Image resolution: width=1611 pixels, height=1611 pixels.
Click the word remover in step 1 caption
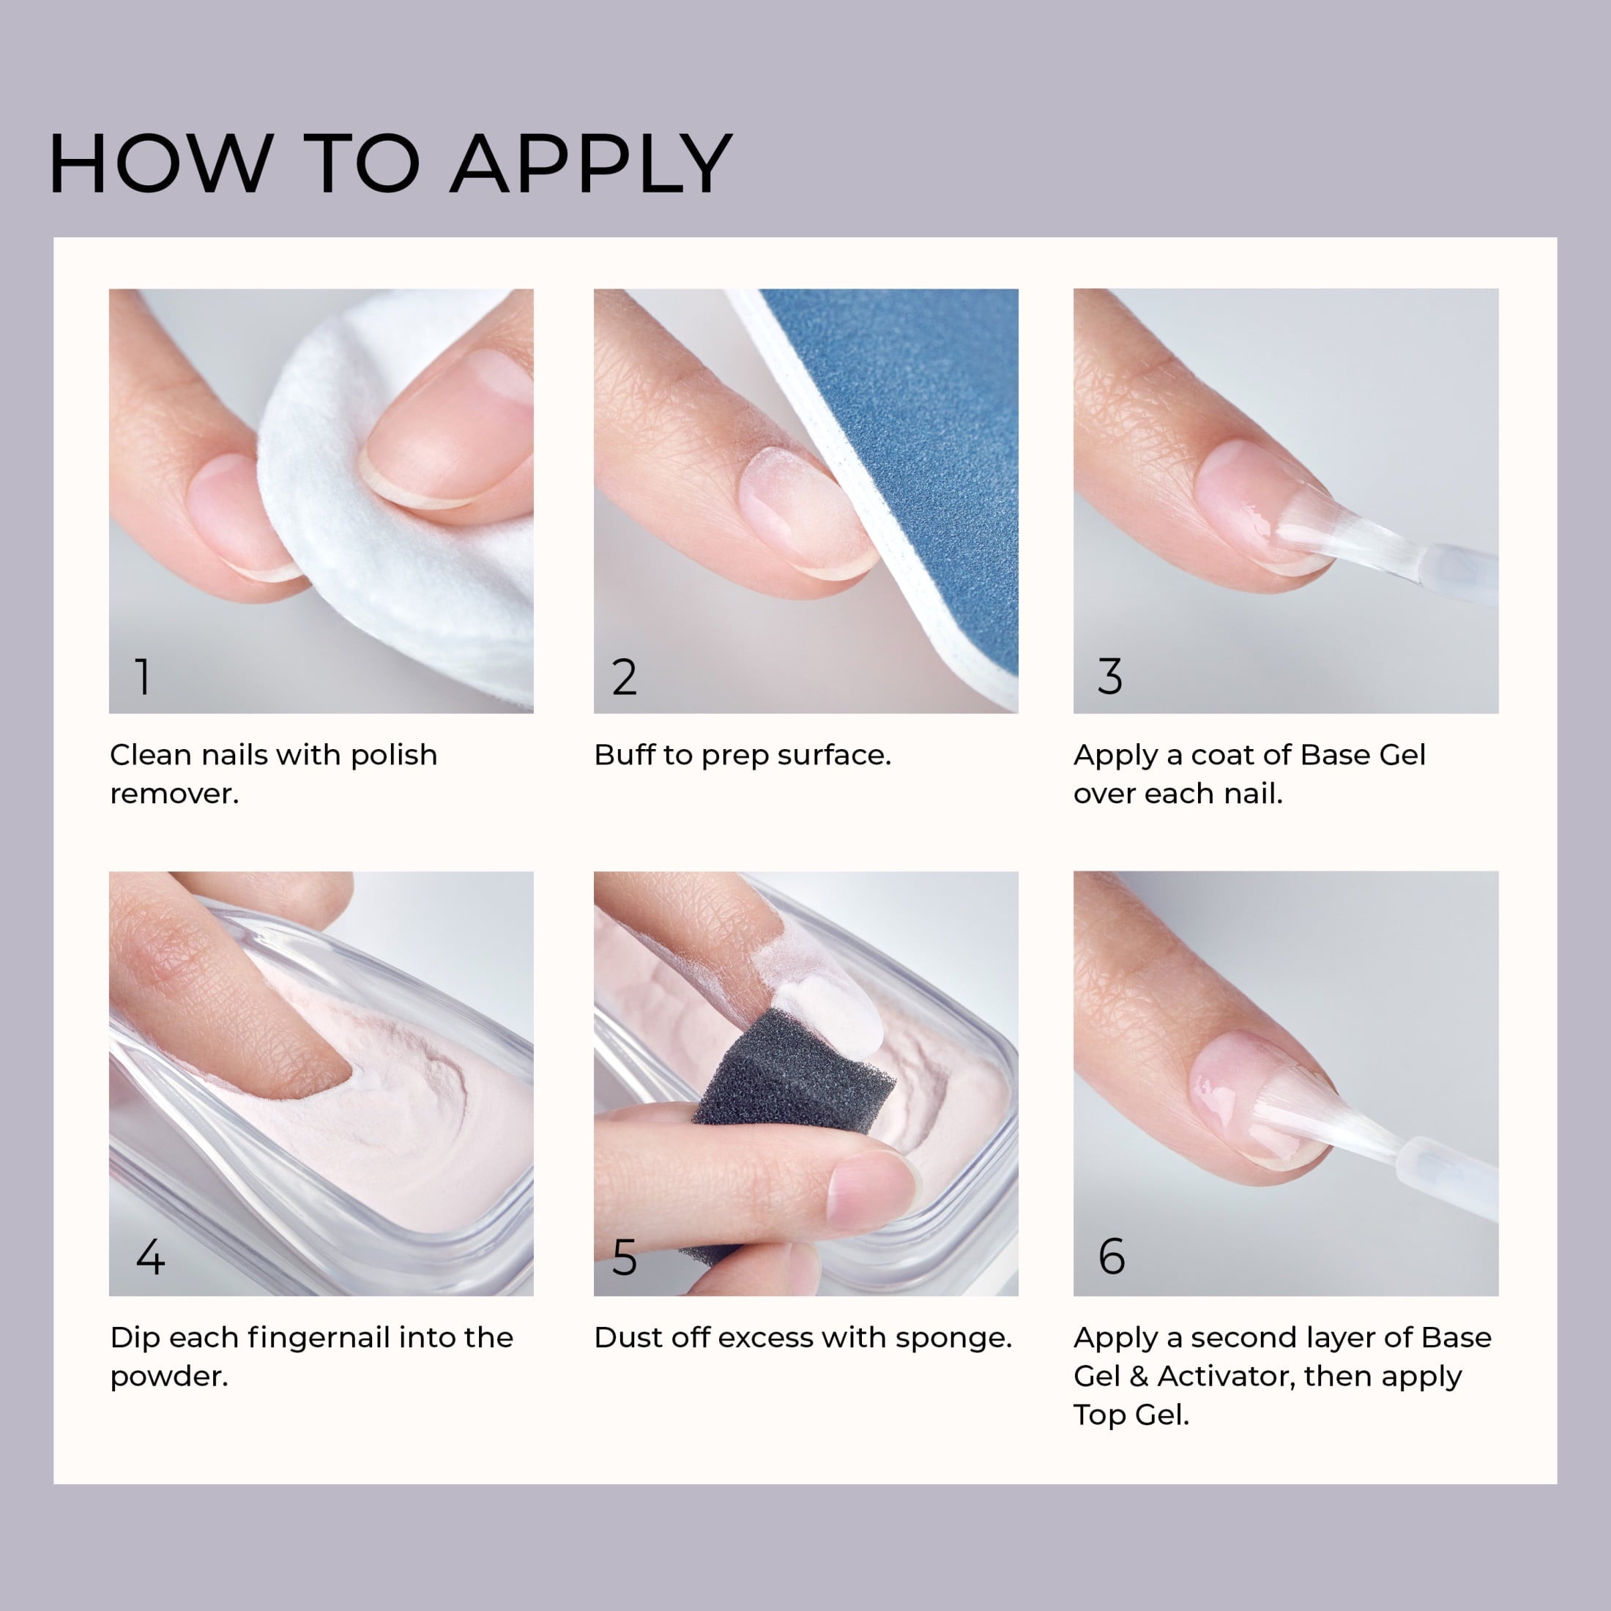point(174,794)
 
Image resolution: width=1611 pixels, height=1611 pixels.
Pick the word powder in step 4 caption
point(168,1377)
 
